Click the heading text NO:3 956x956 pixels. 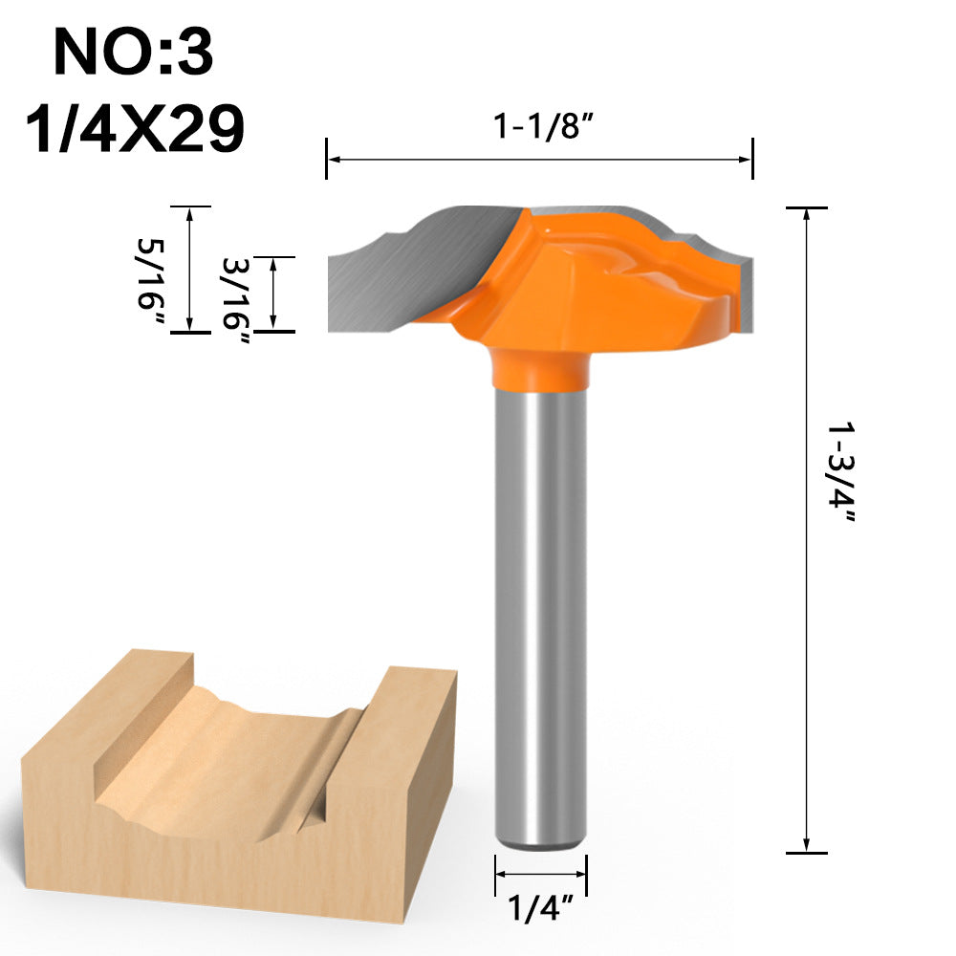click(133, 53)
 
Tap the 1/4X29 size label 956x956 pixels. click(134, 129)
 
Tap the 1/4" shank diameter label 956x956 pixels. click(540, 907)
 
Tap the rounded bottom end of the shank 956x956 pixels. click(540, 841)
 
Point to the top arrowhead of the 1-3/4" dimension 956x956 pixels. click(808, 213)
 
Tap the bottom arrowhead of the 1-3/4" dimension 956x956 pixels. click(808, 845)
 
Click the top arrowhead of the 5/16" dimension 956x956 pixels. click(189, 212)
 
